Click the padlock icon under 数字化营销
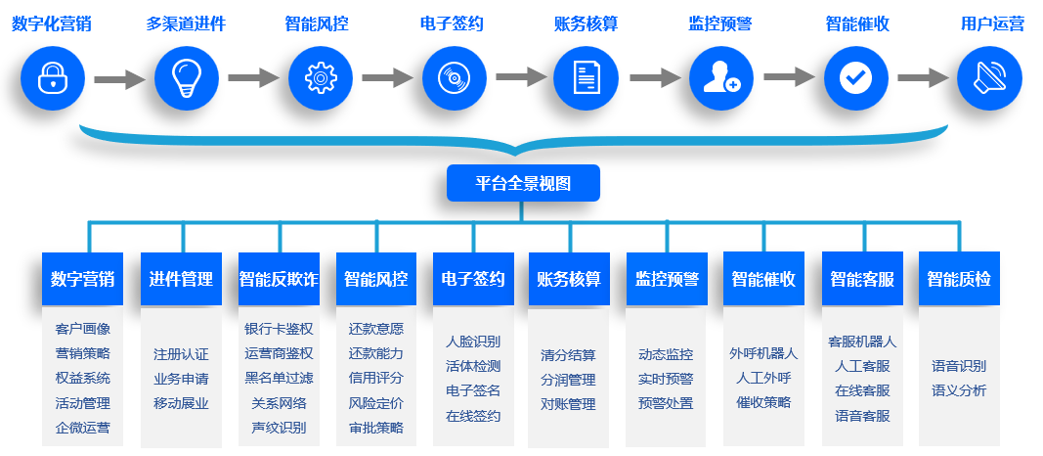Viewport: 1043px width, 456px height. click(52, 77)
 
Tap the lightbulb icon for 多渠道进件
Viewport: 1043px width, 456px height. click(186, 77)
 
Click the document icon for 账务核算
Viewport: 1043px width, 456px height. click(587, 77)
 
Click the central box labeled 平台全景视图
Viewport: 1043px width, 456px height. click(522, 183)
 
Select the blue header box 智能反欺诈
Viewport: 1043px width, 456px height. click(279, 279)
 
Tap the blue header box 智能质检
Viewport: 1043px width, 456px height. click(959, 279)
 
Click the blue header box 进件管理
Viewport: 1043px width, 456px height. click(181, 279)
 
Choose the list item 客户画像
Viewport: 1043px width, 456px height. click(83, 329)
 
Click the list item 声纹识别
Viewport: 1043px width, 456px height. click(279, 428)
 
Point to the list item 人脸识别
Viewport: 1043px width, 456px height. click(473, 342)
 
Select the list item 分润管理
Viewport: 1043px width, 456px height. click(568, 380)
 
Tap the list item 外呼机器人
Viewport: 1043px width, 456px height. click(763, 353)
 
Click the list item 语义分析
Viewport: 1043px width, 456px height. click(959, 390)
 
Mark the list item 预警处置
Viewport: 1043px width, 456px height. click(666, 403)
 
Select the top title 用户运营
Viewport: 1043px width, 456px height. click(992, 24)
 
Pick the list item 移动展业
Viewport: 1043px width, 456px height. click(181, 403)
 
